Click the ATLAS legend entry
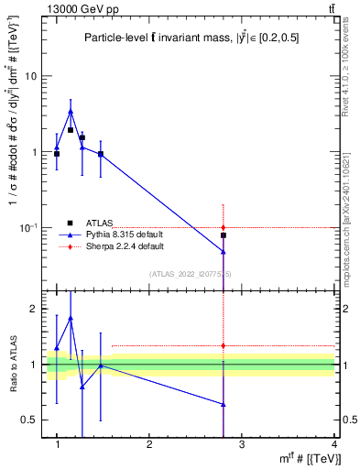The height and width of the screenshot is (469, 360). tap(99, 223)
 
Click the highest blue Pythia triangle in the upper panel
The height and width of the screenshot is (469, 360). tap(71, 112)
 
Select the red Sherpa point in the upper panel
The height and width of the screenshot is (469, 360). tap(224, 227)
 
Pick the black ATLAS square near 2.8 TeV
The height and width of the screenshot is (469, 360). tap(224, 235)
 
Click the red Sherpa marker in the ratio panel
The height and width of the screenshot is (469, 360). tap(224, 345)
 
